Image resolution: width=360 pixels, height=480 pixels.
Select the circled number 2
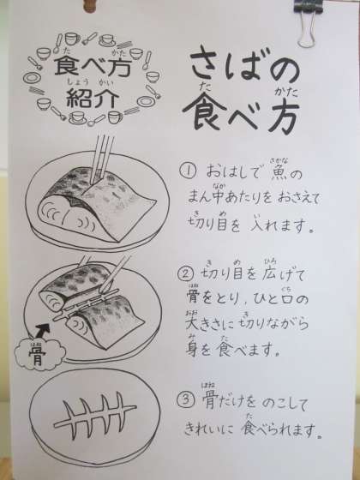(185, 274)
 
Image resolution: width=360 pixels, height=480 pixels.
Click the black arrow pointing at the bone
(42, 329)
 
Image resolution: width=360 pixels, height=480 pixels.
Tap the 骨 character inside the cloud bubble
(37, 355)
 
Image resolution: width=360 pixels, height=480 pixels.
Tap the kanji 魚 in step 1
(277, 174)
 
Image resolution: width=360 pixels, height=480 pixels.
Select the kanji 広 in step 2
(269, 274)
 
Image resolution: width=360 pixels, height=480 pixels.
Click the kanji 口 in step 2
(288, 300)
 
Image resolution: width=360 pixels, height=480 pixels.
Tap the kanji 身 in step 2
(192, 349)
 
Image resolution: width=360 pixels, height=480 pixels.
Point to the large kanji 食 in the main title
(204, 111)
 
